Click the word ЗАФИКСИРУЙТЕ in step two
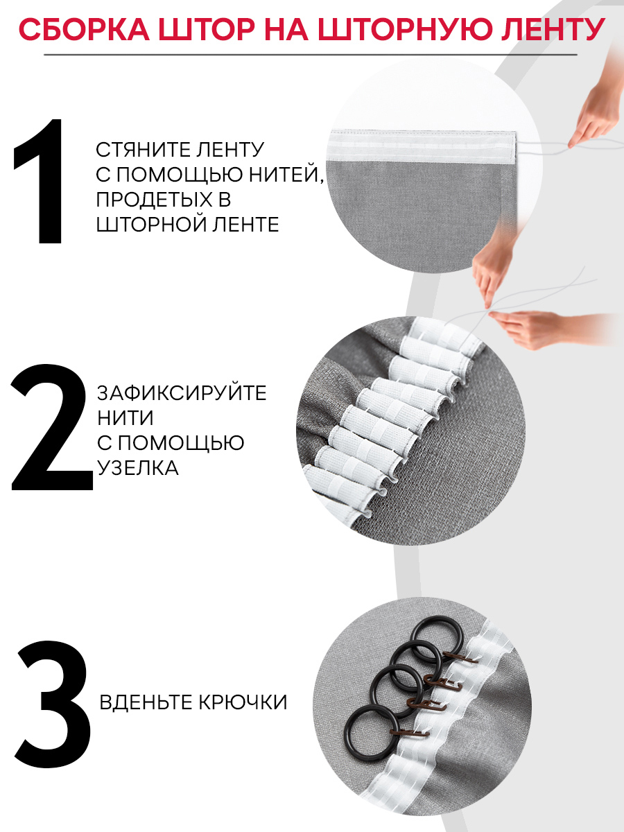coord(182,392)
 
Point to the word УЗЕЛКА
coord(137,468)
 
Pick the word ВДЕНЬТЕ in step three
coord(144,702)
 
